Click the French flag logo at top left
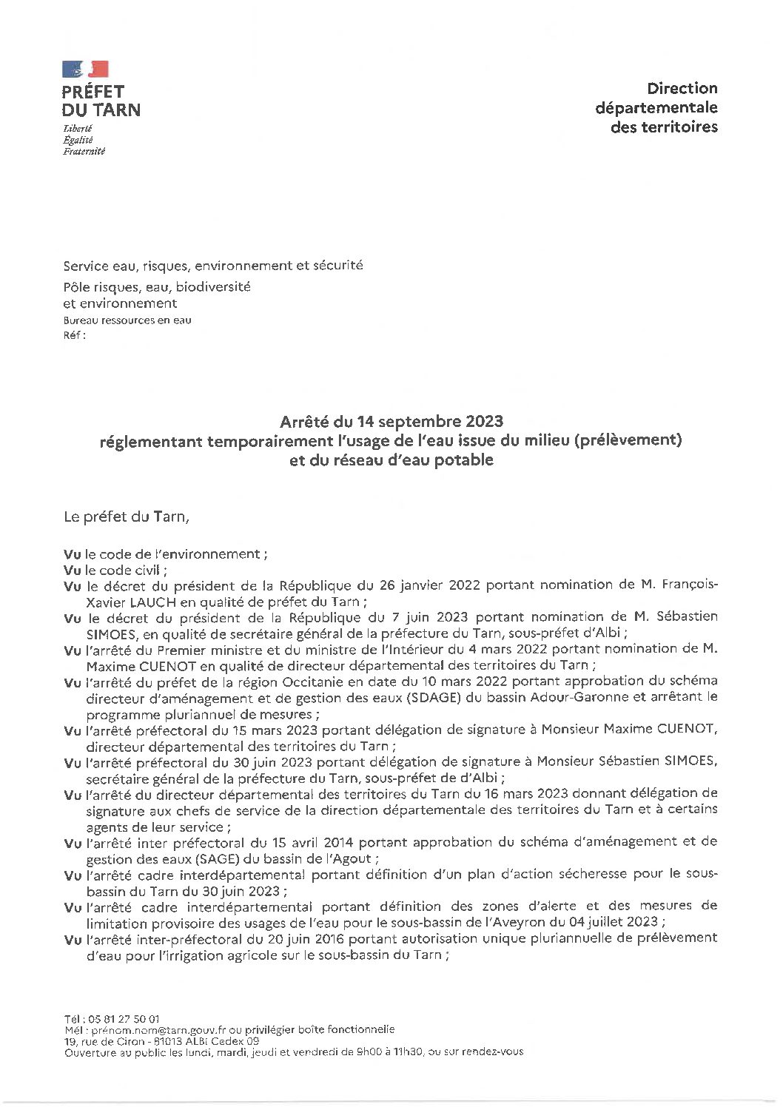(85, 70)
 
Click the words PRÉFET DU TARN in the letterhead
(101, 101)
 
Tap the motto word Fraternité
(84, 152)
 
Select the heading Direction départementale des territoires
(656, 107)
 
